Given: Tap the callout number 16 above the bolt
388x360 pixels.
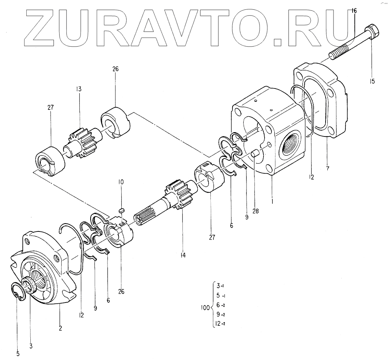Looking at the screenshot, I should point(354,10).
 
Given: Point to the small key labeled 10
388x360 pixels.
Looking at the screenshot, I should point(122,209).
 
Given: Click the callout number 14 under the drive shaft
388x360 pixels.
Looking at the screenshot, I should point(183,255).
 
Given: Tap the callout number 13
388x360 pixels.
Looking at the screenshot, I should point(79,89).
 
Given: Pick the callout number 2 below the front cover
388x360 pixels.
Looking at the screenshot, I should point(60,328).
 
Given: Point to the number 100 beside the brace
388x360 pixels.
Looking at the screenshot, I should point(205,308).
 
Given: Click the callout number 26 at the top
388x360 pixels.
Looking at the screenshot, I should point(115,69).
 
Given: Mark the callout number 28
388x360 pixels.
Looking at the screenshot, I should point(256,212).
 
